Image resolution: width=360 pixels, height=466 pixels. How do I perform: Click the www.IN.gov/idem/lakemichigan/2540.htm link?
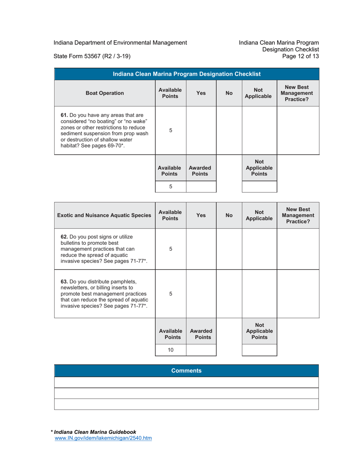[103, 438]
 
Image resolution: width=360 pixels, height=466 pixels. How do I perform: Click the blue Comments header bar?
[186, 371]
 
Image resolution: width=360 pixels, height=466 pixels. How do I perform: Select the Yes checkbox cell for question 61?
[201, 130]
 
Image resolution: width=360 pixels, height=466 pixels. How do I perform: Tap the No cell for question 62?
[229, 249]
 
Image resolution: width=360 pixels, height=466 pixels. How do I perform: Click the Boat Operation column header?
[105, 93]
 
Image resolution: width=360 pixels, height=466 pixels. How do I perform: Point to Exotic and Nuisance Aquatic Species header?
[104, 216]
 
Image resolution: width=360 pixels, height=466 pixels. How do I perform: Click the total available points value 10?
[171, 350]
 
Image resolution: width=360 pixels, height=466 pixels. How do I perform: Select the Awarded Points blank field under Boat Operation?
[201, 186]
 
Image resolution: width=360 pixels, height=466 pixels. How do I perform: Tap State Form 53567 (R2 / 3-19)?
[92, 56]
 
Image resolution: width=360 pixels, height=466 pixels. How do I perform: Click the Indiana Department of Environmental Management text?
[120, 42]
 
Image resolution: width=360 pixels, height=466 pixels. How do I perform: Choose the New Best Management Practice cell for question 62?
[298, 249]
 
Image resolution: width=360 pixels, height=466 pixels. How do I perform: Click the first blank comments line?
[186, 382]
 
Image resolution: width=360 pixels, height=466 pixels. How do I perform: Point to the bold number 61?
[64, 115]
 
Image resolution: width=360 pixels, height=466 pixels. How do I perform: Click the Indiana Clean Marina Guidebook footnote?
[95, 432]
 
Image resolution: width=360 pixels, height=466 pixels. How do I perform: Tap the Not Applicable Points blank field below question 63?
[259, 350]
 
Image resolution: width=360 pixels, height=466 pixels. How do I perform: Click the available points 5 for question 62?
[171, 249]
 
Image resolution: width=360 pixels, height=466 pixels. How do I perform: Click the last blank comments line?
[186, 404]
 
